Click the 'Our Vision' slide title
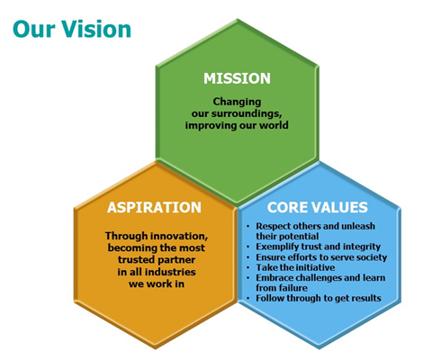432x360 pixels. point(72,29)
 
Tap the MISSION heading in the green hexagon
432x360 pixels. point(237,78)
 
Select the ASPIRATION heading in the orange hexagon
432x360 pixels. point(154,207)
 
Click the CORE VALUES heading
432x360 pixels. point(318,207)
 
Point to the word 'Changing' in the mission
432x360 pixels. point(237,103)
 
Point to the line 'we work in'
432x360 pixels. point(157,283)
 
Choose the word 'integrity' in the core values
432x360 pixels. point(362,247)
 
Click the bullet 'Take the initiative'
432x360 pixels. point(295,267)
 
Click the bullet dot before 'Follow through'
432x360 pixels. point(248,299)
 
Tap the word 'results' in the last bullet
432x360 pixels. point(366,298)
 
